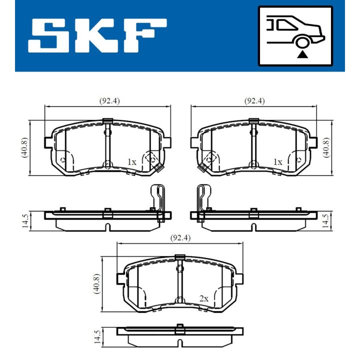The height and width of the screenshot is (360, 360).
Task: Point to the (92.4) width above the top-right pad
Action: [x=254, y=100]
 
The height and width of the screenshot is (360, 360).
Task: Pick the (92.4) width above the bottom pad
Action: [x=180, y=237]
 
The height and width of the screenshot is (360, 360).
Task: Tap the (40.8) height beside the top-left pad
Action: [x=24, y=148]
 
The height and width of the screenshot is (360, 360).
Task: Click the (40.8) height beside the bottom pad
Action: [x=96, y=284]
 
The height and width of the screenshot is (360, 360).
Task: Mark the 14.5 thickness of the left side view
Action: [x=24, y=220]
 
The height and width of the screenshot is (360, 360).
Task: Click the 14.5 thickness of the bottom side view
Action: [x=96, y=335]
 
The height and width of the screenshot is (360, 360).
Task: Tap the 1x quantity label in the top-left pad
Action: [x=131, y=162]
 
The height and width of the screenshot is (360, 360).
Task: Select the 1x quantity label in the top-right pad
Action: [x=277, y=162]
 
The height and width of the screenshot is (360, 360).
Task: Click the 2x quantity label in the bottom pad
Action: [x=203, y=298]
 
